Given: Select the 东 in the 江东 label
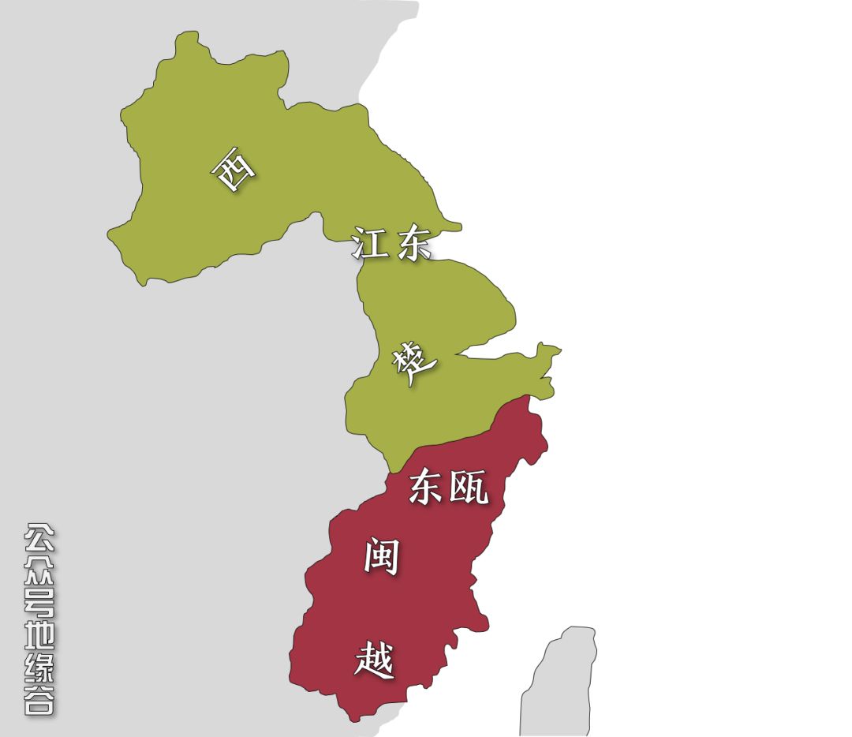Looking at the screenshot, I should coord(413,245).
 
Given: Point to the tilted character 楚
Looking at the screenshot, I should coord(413,364).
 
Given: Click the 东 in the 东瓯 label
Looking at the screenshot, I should coord(426,488).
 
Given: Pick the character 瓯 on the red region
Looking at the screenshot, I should coord(469,488).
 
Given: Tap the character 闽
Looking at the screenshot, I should coord(381,556).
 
